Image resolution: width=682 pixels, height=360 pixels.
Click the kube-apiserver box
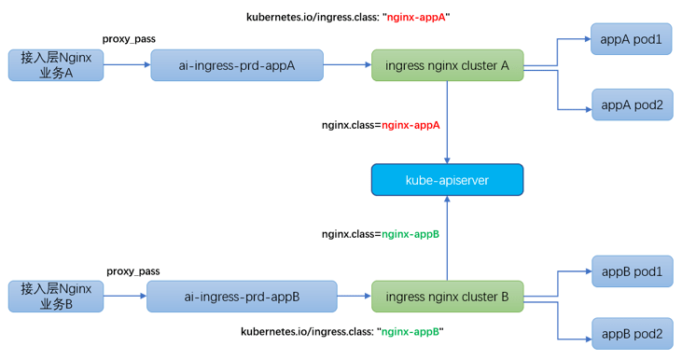(x=447, y=180)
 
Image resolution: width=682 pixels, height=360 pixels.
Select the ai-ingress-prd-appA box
(x=237, y=65)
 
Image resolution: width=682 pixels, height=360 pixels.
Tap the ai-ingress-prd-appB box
(x=242, y=297)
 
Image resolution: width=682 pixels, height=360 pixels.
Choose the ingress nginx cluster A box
(x=447, y=65)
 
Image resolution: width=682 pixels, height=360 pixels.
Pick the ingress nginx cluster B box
(x=447, y=297)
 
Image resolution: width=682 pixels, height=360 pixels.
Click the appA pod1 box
(x=631, y=39)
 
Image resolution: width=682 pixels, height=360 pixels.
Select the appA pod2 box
(x=631, y=104)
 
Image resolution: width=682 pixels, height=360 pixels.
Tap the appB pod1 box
(x=631, y=271)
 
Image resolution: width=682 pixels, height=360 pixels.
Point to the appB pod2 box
(x=631, y=333)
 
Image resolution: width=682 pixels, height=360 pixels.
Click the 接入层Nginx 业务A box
(x=56, y=65)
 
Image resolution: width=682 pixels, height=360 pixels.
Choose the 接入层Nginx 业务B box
(x=56, y=297)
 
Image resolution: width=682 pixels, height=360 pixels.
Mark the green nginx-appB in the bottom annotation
(x=411, y=332)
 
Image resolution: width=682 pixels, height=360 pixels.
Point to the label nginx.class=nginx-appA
(x=380, y=124)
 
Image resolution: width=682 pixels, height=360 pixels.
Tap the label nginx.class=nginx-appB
(x=380, y=234)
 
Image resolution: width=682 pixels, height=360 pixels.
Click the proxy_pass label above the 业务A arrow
(x=129, y=39)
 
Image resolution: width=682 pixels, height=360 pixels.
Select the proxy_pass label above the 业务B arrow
(x=132, y=271)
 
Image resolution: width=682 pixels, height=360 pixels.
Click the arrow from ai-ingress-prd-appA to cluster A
(x=347, y=65)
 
